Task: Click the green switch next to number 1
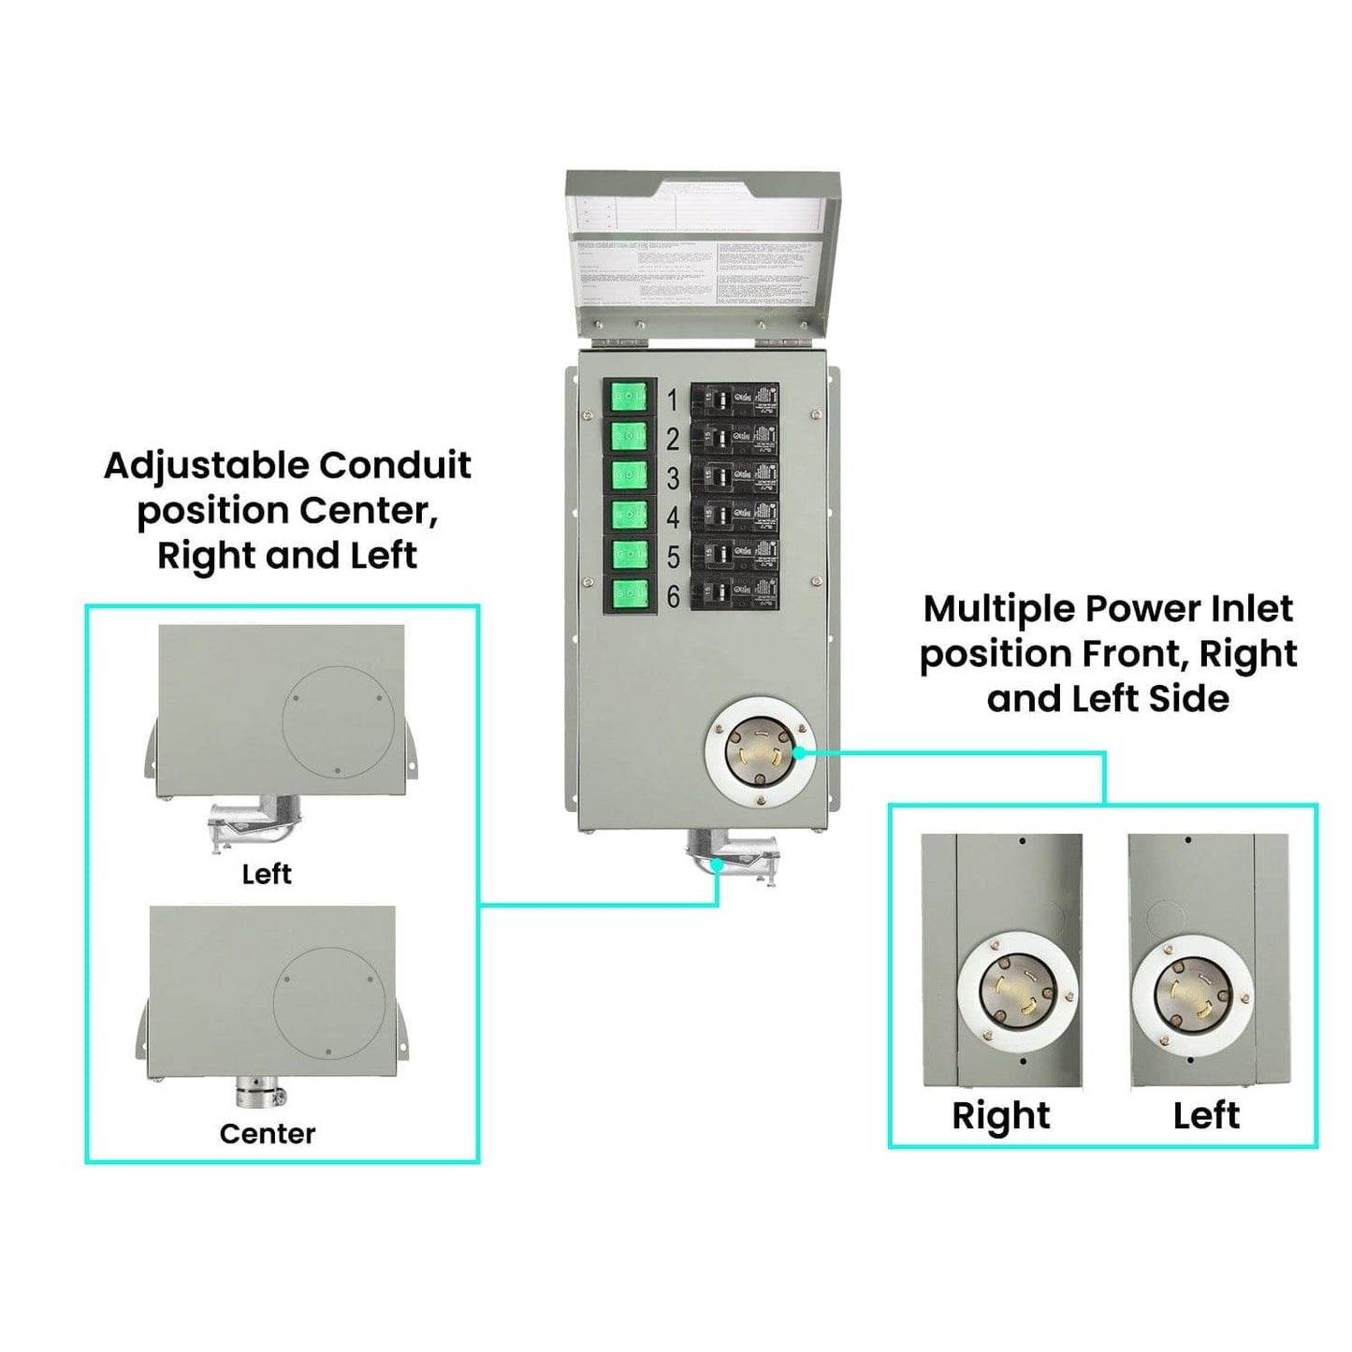pos(629,400)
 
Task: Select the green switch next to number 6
pos(629,595)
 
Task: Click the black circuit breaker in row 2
pos(734,438)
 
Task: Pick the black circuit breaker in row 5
pos(734,555)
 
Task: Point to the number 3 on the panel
pos(672,478)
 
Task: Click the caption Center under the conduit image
pos(267,1134)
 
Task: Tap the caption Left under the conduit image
pos(267,874)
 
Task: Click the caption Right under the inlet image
pos(1000,1115)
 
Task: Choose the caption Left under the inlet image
pos(1206,1115)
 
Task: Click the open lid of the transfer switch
pos(702,253)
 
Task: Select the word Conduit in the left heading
pos(395,466)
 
